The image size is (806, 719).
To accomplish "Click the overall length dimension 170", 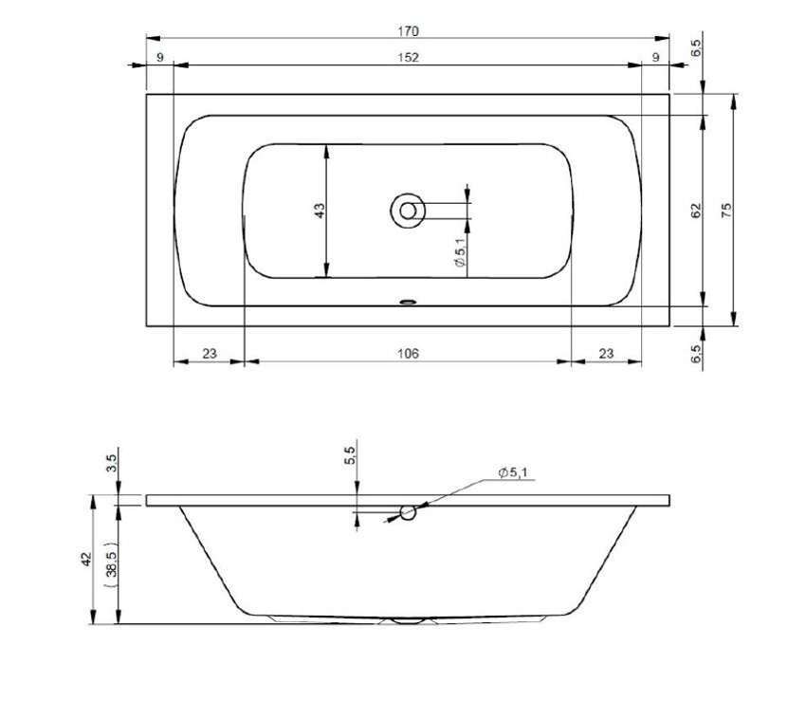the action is coord(407,31).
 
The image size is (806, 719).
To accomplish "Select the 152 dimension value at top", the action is coord(407,58).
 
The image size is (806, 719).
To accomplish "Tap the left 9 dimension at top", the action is coord(160,58).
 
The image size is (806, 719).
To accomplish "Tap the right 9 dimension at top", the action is coord(655,58).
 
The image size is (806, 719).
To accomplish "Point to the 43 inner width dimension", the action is coord(320,209).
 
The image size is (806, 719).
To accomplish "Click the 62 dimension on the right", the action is coord(696,211).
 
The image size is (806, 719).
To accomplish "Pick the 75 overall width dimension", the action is coord(727,211).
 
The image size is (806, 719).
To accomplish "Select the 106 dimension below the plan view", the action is coord(407,354).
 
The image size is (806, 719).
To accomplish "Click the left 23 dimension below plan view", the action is coord(210,354).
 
